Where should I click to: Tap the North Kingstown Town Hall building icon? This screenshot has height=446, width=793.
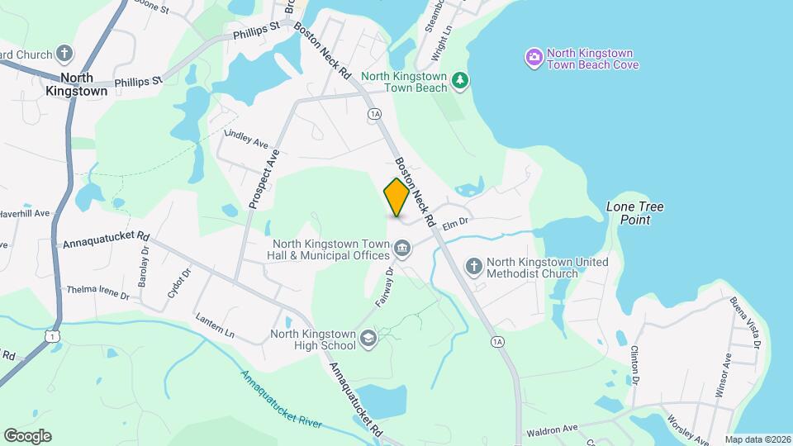point(402,248)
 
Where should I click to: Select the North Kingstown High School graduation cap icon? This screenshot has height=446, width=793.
point(368,338)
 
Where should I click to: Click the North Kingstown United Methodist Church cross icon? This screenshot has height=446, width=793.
point(473,266)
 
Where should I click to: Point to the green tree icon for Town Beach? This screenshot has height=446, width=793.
point(460,80)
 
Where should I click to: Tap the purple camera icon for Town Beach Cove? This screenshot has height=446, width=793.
point(534,57)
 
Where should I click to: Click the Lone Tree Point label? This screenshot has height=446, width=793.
point(635,213)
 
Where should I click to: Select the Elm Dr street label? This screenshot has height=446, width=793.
point(455,222)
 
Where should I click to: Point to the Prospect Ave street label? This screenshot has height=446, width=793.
point(264,178)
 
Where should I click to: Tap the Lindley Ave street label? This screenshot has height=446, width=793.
point(247,138)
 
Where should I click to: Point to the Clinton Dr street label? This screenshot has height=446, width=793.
point(636,364)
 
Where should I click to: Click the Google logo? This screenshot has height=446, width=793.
point(27,436)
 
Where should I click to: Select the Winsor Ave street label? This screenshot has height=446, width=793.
point(724,376)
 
